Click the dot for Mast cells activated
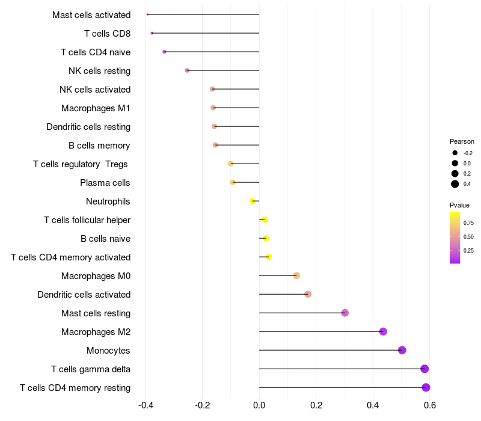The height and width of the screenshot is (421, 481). point(147,14)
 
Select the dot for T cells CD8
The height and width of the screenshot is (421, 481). point(152,33)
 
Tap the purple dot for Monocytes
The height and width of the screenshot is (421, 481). point(402,350)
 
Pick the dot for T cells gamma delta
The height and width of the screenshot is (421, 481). point(424,369)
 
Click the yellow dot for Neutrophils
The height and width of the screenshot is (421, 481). point(253,201)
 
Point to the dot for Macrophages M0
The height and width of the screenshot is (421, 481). point(296,275)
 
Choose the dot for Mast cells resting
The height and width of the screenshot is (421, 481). point(345,313)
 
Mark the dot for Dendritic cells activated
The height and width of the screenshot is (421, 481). point(308,294)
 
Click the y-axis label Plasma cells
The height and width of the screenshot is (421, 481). point(105,183)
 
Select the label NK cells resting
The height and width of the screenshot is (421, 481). point(100,71)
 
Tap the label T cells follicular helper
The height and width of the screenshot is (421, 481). point(87,220)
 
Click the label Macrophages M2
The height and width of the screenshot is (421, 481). point(96,332)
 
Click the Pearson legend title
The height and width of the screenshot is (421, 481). point(462,141)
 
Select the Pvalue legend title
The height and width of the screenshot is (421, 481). point(460,205)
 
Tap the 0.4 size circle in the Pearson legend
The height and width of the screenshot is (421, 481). point(455,184)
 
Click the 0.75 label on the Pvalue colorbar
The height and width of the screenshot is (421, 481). point(468,223)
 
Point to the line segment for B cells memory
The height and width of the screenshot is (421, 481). point(237,145)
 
